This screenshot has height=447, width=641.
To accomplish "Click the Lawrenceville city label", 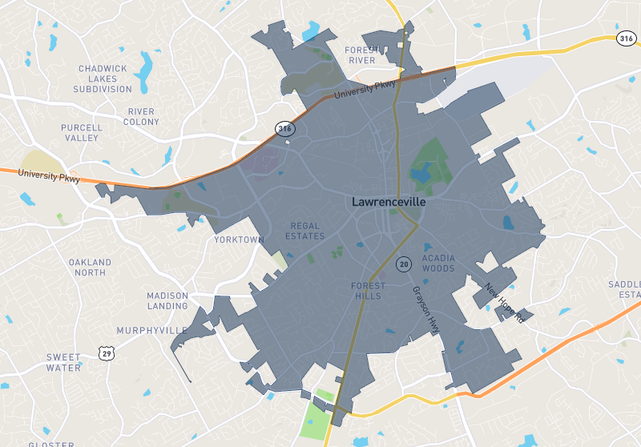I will click(389, 203).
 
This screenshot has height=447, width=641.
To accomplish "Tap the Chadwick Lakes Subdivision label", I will click(103, 79).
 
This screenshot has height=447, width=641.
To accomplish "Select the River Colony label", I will click(141, 116).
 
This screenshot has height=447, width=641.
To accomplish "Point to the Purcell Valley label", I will click(82, 132).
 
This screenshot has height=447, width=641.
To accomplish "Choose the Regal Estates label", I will click(305, 231).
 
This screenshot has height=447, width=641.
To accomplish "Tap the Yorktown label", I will click(239, 240).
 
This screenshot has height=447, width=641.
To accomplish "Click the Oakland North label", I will click(91, 267).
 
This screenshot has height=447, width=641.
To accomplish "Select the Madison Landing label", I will click(167, 300).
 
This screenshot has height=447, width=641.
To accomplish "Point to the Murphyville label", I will click(152, 330).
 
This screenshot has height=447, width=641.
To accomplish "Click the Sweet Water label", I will click(63, 362).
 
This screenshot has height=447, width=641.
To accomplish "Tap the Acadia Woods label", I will click(438, 263).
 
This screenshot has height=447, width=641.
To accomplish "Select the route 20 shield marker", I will click(404, 264).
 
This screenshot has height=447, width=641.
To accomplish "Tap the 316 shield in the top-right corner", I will click(627, 38).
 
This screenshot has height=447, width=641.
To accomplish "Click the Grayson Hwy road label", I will click(427, 310).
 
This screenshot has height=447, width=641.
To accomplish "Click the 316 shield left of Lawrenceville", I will click(284, 128).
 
